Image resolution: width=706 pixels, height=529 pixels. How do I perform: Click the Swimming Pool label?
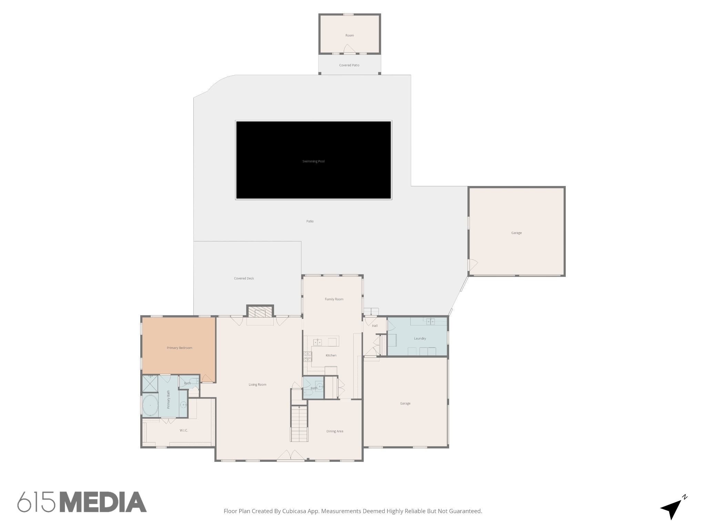313,161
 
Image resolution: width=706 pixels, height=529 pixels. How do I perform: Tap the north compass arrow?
672,509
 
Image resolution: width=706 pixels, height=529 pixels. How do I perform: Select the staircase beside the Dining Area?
299,424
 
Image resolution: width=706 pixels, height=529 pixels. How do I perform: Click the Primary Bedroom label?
179,348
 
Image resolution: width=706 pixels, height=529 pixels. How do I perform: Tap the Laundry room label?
420,339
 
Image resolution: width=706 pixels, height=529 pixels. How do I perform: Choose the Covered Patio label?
349,65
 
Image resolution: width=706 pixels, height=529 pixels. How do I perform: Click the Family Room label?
334,299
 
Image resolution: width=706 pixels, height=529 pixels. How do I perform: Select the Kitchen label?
331,355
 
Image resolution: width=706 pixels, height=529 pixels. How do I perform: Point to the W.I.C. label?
183,431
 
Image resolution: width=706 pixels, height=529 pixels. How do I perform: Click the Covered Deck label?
244,278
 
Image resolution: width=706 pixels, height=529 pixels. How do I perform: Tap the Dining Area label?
334,431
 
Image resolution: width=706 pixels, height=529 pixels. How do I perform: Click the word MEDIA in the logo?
103,502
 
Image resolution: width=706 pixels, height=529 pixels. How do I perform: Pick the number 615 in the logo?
37,502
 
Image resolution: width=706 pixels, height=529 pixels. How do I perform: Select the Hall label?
374,326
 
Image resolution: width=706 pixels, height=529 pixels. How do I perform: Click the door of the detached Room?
349,50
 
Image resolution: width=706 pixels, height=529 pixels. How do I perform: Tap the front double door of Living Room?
291,455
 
